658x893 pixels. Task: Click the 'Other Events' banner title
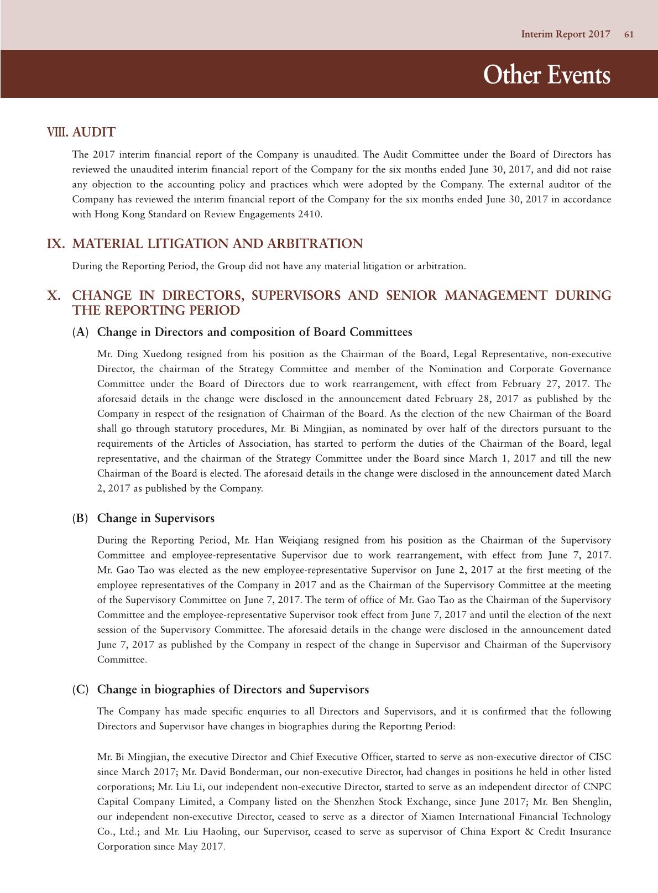point(546,75)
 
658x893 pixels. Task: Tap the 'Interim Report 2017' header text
point(565,34)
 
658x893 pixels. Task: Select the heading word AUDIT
point(94,132)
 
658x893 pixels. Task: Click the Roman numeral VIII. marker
point(58,132)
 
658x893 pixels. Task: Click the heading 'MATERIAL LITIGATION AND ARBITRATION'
point(218,244)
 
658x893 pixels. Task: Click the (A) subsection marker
point(80,332)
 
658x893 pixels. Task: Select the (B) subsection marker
point(80,519)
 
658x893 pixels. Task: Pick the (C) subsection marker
point(80,690)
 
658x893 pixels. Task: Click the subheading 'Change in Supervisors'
point(156,519)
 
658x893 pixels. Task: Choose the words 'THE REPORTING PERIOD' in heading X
point(156,311)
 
